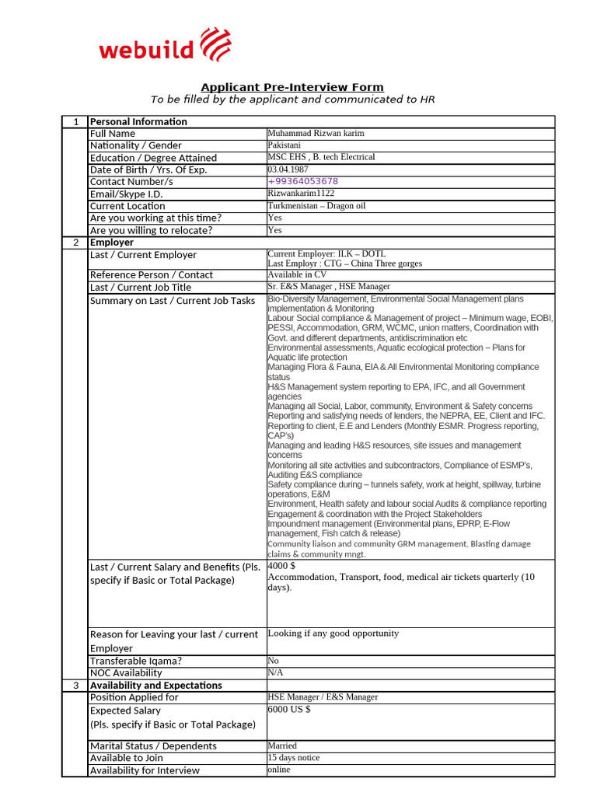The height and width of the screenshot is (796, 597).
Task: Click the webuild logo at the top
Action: (x=165, y=46)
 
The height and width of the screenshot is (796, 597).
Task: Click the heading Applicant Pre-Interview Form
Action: (x=292, y=87)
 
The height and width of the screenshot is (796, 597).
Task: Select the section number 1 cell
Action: (x=75, y=121)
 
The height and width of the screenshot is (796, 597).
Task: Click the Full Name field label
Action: (x=113, y=134)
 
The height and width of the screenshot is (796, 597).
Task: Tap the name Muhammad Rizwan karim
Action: (x=316, y=134)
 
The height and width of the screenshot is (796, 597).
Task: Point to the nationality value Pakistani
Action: (x=285, y=145)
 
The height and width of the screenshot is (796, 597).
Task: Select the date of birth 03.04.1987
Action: (x=288, y=169)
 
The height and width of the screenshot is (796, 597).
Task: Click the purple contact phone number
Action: (x=303, y=181)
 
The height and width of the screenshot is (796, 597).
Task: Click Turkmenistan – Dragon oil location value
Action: (x=316, y=206)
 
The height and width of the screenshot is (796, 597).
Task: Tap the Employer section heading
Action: (x=112, y=243)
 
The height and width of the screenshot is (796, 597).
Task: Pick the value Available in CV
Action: (x=296, y=274)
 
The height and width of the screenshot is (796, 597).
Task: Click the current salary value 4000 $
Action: (x=281, y=566)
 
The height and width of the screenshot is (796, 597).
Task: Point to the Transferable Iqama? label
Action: (x=136, y=661)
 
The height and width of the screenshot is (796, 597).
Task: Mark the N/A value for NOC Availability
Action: (x=275, y=672)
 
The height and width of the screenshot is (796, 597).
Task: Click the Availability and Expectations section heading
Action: (x=156, y=685)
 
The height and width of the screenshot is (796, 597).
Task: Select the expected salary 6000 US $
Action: (x=289, y=709)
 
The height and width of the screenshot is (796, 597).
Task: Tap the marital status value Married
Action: (x=282, y=745)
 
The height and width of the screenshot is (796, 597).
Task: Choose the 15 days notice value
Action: (x=294, y=758)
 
